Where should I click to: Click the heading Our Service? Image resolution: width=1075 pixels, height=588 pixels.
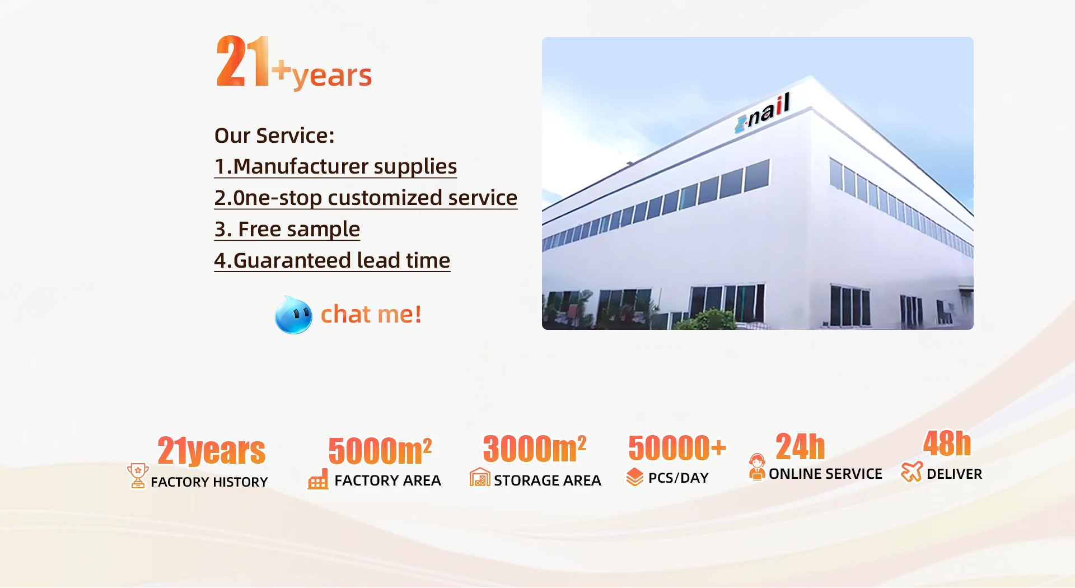274,136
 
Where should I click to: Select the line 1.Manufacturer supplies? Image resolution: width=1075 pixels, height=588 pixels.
335,167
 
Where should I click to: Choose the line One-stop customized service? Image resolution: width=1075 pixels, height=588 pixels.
366,198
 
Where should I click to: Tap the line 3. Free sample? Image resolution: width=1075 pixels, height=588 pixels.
287,230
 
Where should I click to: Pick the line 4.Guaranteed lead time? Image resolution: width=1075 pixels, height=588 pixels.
332,261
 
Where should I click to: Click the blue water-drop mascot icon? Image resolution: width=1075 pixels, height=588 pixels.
293,315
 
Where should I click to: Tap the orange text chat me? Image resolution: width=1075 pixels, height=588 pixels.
371,315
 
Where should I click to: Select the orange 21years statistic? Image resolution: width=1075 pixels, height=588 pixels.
211,451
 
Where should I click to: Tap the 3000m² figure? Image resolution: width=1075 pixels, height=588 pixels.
535,449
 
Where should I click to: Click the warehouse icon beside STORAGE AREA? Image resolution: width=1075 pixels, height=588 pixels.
480,477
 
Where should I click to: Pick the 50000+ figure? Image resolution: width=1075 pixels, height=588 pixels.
677,447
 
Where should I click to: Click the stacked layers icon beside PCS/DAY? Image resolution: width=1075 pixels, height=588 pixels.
635,477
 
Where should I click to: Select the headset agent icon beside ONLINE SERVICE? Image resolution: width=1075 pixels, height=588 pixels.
757,467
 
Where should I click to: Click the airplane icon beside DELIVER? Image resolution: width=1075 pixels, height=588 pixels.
912,472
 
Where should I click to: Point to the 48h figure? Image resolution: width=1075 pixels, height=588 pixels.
947,444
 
